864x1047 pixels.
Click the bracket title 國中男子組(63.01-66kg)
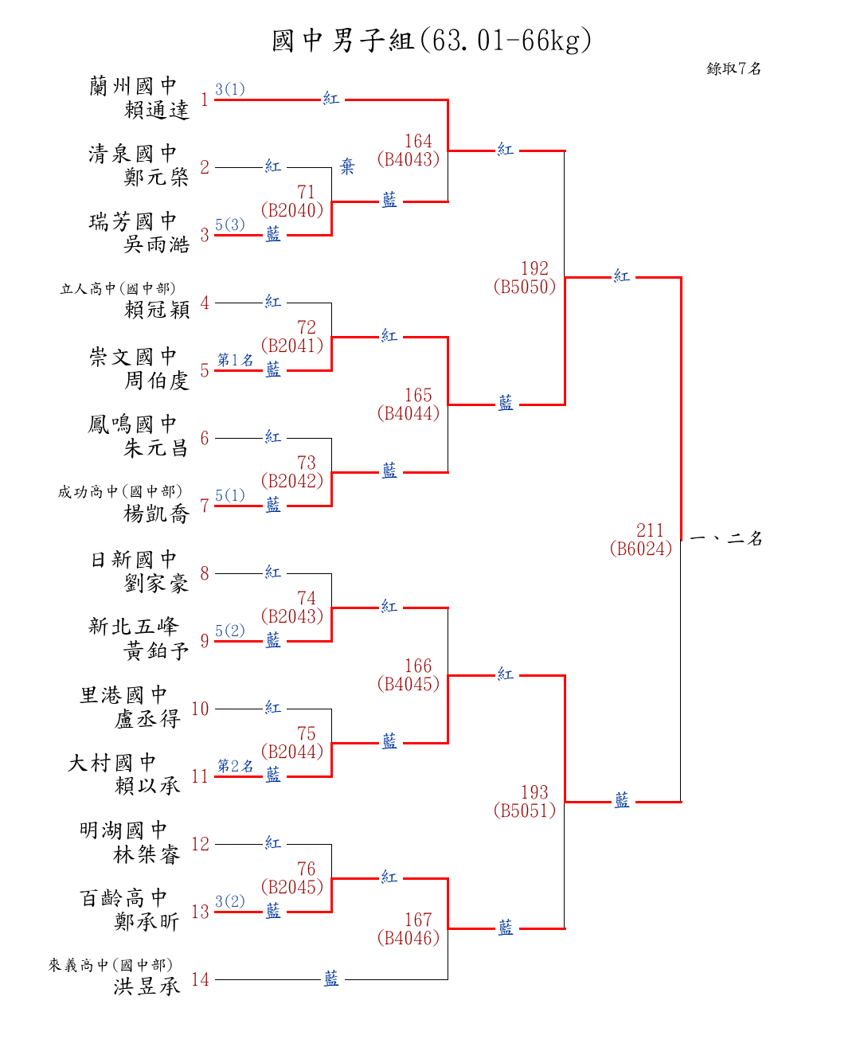tap(432, 40)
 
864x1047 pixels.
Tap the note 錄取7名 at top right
tap(733, 68)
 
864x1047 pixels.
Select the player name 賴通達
tap(156, 110)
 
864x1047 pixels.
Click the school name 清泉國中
tap(132, 154)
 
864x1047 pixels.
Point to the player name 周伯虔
tap(156, 381)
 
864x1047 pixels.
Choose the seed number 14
tap(200, 979)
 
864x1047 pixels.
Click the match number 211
tap(650, 530)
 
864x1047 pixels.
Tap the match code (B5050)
tap(524, 287)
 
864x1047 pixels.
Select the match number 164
tap(418, 141)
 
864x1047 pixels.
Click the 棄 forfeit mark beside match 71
tap(347, 166)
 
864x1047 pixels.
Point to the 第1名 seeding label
tap(235, 360)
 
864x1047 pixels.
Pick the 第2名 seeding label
tap(235, 766)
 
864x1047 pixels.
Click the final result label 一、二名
tap(725, 538)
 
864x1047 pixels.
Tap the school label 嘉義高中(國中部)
tap(110, 965)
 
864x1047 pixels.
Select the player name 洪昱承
tap(147, 986)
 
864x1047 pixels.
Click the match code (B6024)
tap(640, 549)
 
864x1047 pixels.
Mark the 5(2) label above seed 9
tap(229, 631)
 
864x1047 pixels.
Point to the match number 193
tap(534, 792)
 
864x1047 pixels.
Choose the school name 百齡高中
tap(123, 898)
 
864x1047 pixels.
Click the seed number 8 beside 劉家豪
tap(205, 573)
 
